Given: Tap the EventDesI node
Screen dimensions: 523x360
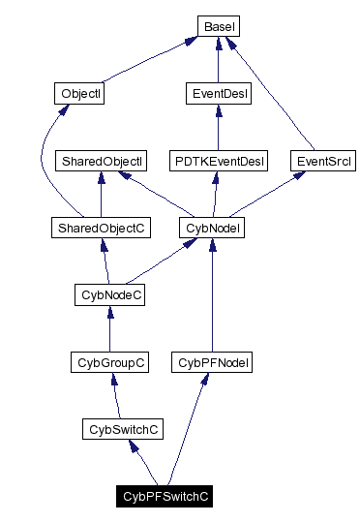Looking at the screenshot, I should (x=217, y=94).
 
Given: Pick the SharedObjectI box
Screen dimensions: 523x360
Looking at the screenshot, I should (x=102, y=161).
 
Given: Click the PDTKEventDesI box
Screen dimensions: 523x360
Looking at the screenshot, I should (x=218, y=161).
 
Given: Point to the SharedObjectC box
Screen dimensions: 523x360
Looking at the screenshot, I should (x=102, y=228).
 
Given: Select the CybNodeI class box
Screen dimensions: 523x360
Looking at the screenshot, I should (x=212, y=228).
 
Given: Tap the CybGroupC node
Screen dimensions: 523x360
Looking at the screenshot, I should (x=109, y=362).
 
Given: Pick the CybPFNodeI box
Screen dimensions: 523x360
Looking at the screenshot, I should (x=212, y=362).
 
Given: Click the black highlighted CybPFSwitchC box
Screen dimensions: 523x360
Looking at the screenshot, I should (x=165, y=496).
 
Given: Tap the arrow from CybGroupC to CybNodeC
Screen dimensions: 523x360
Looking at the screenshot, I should (x=109, y=329).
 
